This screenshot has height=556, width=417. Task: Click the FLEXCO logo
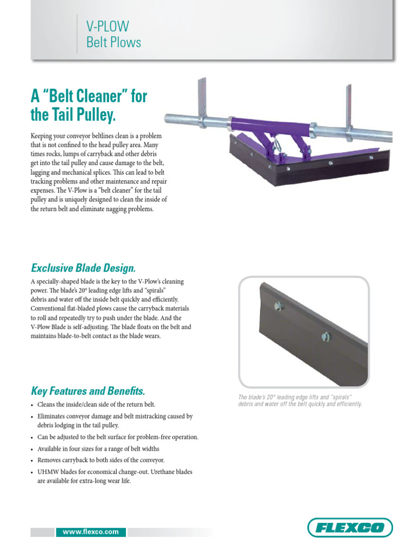(350, 528)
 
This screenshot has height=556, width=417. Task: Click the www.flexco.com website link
(91, 532)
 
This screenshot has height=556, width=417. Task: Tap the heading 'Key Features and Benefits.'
(88, 391)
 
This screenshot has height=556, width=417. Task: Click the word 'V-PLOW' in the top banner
(108, 26)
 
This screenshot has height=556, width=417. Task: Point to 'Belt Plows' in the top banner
(113, 42)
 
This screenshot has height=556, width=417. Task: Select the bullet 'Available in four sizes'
(98, 448)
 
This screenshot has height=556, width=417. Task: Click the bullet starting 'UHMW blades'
(115, 472)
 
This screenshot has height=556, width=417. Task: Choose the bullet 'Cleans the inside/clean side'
(96, 405)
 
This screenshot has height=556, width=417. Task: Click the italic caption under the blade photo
(300, 401)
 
